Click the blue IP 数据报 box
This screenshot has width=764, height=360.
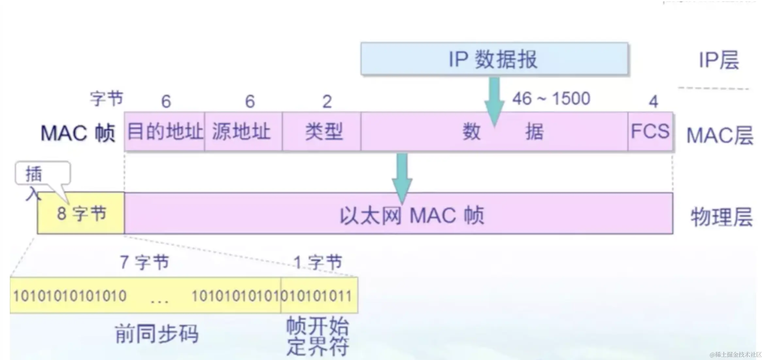pyautogui.click(x=494, y=59)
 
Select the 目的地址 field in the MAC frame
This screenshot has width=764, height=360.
pyautogui.click(x=165, y=132)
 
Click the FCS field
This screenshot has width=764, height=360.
pyautogui.click(x=650, y=132)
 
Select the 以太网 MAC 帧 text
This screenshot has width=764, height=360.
pyautogui.click(x=412, y=216)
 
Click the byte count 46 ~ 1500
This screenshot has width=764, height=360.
pyautogui.click(x=551, y=98)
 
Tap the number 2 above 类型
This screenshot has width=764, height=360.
pyautogui.click(x=327, y=102)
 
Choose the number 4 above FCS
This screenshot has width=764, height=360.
pyautogui.click(x=653, y=102)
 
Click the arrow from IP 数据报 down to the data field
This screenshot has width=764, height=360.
pyautogui.click(x=494, y=100)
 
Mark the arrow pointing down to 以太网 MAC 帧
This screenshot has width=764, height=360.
pyautogui.click(x=402, y=176)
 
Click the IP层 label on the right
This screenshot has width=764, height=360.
pyautogui.click(x=719, y=60)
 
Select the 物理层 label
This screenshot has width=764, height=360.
pyautogui.click(x=721, y=217)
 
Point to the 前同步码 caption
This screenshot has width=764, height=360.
pyautogui.click(x=157, y=334)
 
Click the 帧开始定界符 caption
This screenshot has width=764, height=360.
pyautogui.click(x=318, y=336)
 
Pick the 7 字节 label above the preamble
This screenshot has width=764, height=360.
pyautogui.click(x=144, y=262)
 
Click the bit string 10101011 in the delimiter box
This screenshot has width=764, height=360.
pyautogui.click(x=319, y=296)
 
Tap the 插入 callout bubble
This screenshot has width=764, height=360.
pyautogui.click(x=42, y=173)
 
